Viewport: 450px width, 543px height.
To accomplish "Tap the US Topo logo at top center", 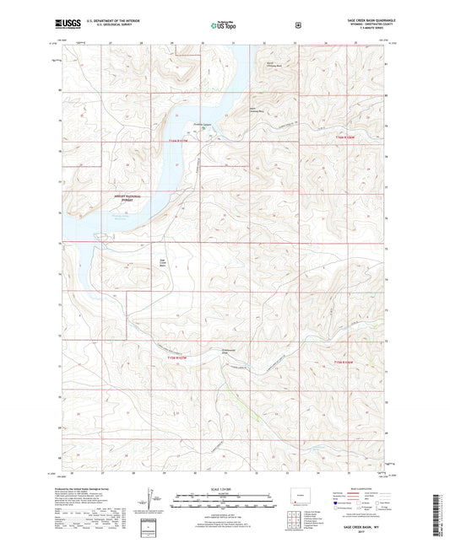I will click(224, 25).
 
